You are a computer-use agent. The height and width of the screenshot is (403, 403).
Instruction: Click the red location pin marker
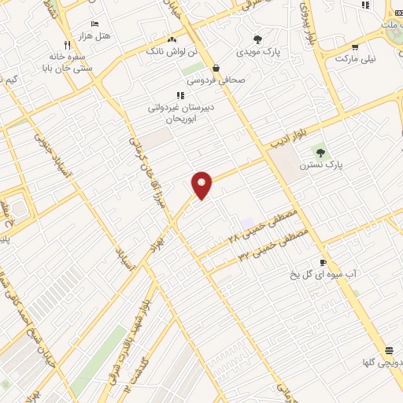pos(202,184)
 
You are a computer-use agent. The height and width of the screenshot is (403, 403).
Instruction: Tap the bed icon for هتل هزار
pos(95,24)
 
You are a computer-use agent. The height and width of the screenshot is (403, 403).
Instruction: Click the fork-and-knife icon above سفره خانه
pos(67,45)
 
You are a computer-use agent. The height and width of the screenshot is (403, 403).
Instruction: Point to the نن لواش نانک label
pos(166,51)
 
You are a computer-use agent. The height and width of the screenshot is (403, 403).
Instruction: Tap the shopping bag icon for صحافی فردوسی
pos(216,68)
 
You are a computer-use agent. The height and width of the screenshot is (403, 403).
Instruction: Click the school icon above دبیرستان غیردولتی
pos(180,95)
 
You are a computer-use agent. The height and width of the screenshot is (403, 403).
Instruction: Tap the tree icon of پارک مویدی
pos(257,39)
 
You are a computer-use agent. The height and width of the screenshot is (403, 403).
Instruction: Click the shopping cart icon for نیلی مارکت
pos(355,46)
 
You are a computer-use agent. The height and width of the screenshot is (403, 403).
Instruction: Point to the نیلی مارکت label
pos(356,59)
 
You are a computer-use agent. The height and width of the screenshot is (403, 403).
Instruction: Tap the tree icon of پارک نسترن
pos(320,150)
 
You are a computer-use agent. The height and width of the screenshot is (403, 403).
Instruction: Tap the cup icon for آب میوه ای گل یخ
pos(323,262)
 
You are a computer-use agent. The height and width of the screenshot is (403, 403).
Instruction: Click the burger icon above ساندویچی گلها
pos(389,350)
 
